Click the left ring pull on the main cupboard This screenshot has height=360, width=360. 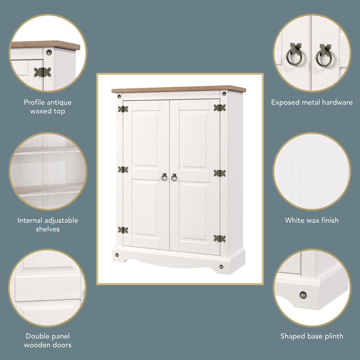(164, 177)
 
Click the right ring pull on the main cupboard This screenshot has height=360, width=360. (174, 177)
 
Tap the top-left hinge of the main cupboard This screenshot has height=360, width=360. (123, 109)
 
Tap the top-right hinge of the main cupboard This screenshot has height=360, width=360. (219, 108)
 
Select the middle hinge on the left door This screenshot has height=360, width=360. (123, 170)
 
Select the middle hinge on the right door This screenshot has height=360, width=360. (219, 173)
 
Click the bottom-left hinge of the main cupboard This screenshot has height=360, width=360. (123, 230)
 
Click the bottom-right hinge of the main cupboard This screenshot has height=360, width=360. (219, 238)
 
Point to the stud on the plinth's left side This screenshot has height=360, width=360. (117, 255)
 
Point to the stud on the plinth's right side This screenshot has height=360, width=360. (221, 267)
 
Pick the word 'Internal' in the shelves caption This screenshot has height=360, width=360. (30, 220)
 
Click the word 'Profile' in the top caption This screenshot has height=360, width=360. (35, 103)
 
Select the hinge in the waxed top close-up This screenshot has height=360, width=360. (42, 72)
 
